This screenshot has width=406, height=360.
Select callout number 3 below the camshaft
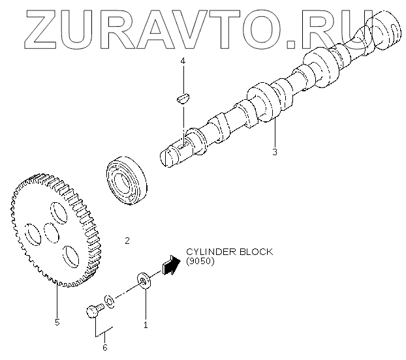(x=275, y=152)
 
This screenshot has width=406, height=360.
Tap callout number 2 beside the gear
(x=127, y=241)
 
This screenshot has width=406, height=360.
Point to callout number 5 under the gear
(x=57, y=322)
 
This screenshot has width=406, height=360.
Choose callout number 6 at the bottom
(x=104, y=347)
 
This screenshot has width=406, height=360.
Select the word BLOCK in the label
(x=254, y=252)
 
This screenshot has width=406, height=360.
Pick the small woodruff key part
(x=182, y=98)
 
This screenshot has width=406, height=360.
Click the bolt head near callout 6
(x=92, y=311)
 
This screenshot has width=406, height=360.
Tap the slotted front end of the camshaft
(x=168, y=157)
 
